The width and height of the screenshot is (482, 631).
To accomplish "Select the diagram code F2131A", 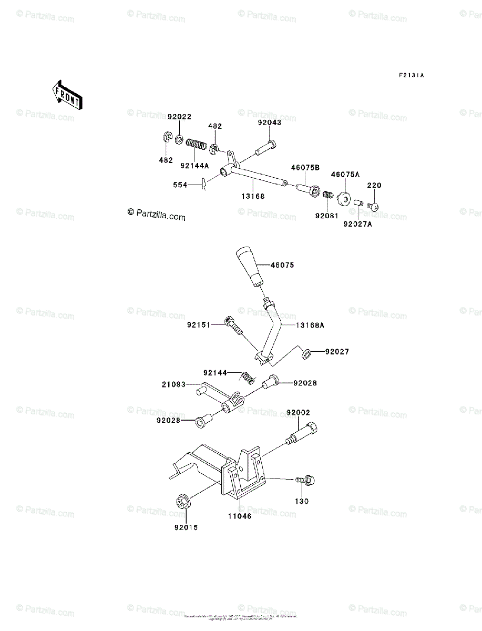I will coord(411,76).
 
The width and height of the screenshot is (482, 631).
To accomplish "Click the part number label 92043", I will coord(269,123).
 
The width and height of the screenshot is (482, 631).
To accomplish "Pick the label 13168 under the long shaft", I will coord(254,196).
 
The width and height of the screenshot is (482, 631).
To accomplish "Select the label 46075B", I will coord(305,168).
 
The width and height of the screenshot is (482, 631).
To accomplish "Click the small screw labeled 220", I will coord(374,206).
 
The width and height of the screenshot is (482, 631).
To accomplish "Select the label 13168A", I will coord(310,325).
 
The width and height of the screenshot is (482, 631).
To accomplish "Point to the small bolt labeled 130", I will coord(304,480).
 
